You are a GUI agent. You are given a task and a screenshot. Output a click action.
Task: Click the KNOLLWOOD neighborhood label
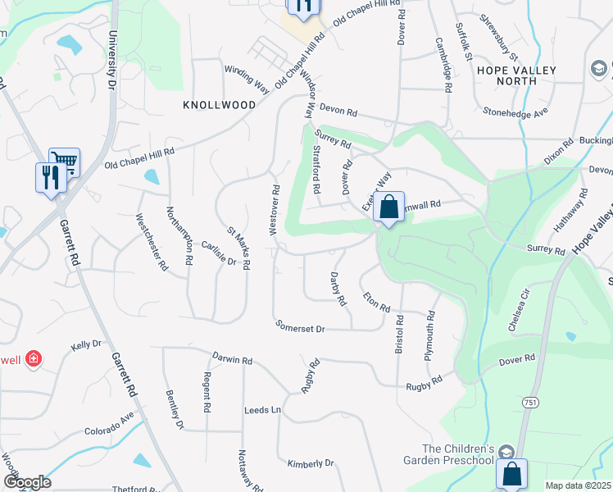click(220, 106)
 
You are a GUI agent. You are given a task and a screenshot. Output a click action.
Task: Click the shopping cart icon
click(64, 162)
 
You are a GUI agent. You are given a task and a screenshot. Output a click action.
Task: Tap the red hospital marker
click(34, 359)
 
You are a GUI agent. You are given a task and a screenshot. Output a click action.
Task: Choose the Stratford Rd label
click(316, 169)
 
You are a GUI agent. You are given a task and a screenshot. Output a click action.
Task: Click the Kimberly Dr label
click(311, 463)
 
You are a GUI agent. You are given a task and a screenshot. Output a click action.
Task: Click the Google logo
click(27, 482)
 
